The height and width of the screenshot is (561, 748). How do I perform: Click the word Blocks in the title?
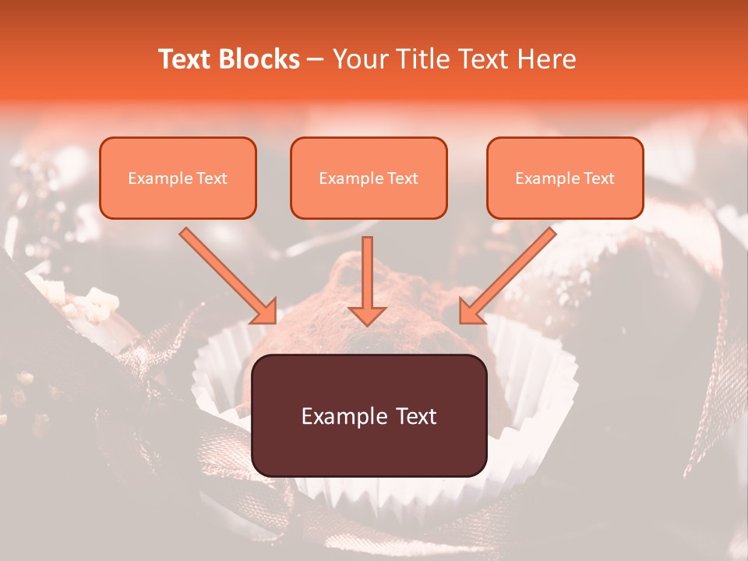click(x=259, y=59)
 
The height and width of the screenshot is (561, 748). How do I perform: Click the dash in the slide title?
click(x=316, y=60)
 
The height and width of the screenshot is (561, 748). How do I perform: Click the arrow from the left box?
click(x=226, y=273)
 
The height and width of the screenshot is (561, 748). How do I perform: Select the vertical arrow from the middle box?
click(x=367, y=277)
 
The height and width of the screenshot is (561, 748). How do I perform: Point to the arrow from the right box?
click(x=510, y=273)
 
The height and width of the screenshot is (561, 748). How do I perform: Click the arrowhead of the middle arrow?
click(x=367, y=315)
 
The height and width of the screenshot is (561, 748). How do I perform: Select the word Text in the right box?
click(x=599, y=178)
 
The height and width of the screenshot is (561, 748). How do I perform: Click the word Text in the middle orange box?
click(x=403, y=178)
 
